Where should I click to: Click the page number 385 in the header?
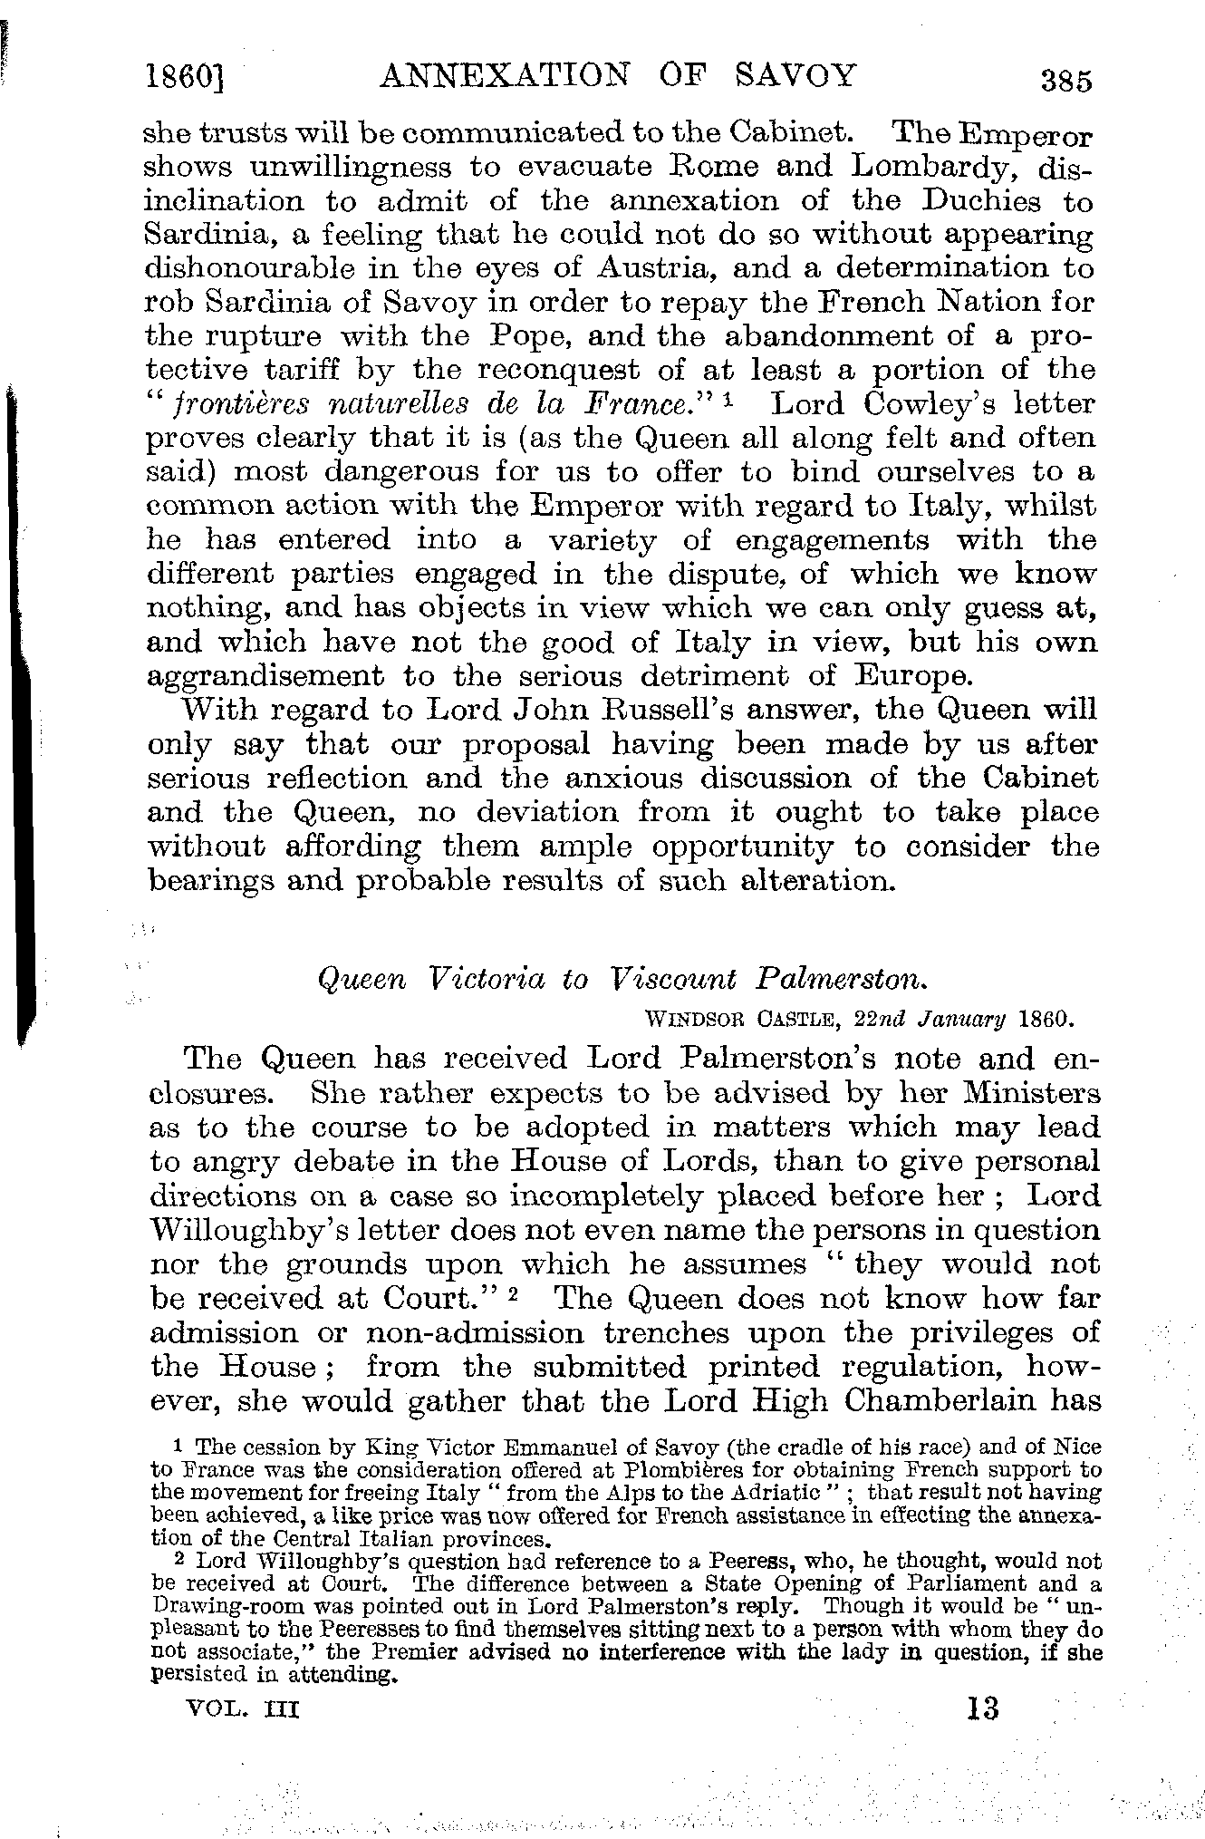1067,80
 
